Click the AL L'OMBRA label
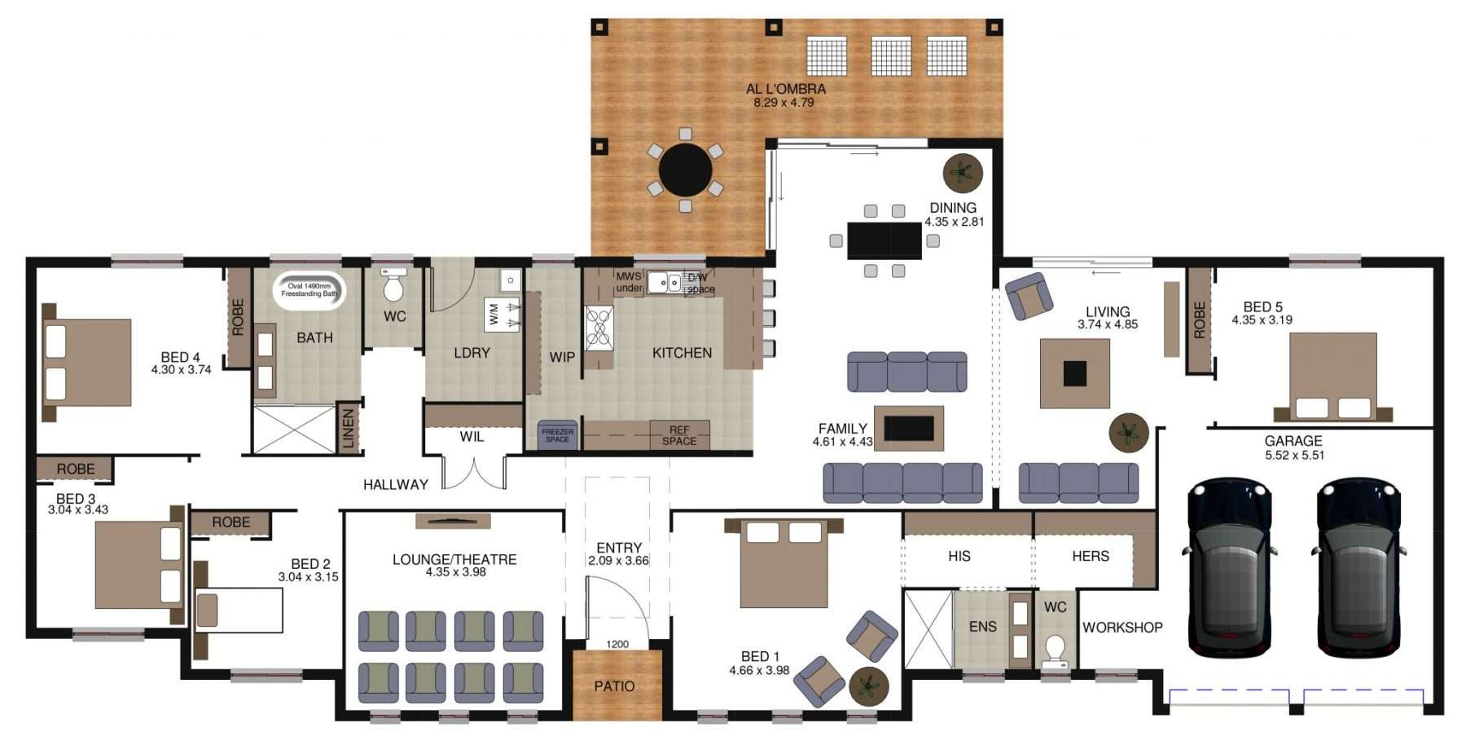786,89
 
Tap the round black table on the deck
686,170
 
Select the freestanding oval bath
309,289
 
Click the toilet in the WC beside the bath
394,284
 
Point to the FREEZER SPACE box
558,435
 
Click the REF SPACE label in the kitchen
679,435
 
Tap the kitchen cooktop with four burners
599,328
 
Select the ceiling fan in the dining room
963,173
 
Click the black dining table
884,240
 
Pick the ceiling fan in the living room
1129,432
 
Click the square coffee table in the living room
1075,373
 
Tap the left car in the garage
1229,567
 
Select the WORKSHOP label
1122,628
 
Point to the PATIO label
614,686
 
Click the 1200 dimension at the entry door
617,645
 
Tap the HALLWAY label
396,485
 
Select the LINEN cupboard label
349,429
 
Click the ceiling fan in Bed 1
869,686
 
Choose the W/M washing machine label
493,315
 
